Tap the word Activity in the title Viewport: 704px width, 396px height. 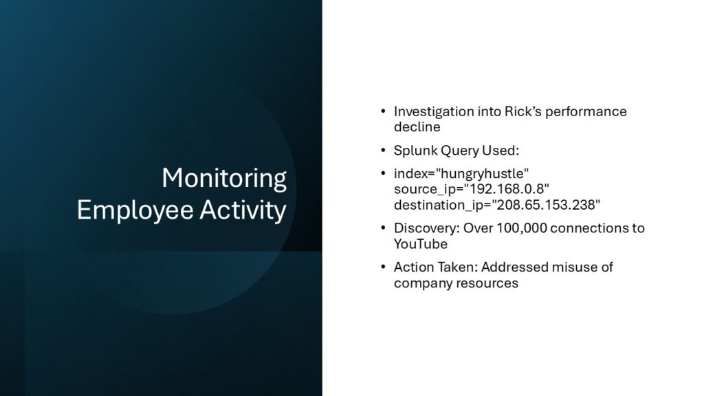click(x=243, y=211)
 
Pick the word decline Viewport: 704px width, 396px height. click(x=417, y=127)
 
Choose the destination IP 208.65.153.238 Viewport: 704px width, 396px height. click(x=546, y=205)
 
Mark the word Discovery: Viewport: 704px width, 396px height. click(x=426, y=228)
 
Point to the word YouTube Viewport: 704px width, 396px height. click(x=421, y=244)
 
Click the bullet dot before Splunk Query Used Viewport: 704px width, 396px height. click(x=383, y=150)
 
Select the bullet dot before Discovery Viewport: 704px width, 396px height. click(x=383, y=228)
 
